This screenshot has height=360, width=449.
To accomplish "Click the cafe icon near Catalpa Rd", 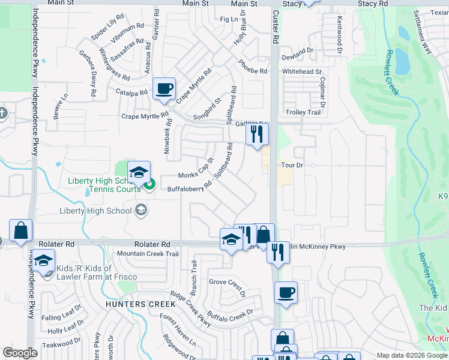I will (164, 89).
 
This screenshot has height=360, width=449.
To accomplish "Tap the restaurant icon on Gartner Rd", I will (257, 134).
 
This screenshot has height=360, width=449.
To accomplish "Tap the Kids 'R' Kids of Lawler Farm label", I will (97, 272).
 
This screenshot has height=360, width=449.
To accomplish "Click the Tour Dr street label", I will (292, 164).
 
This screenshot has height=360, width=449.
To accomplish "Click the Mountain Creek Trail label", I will (148, 254).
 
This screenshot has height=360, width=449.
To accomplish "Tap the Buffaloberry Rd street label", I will (189, 187).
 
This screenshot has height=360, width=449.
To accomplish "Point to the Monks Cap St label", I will (196, 169).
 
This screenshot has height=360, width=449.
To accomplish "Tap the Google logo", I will (20, 353).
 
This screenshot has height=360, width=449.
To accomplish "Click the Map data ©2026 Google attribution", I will (411, 355).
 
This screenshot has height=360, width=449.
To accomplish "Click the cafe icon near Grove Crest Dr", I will (286, 293).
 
